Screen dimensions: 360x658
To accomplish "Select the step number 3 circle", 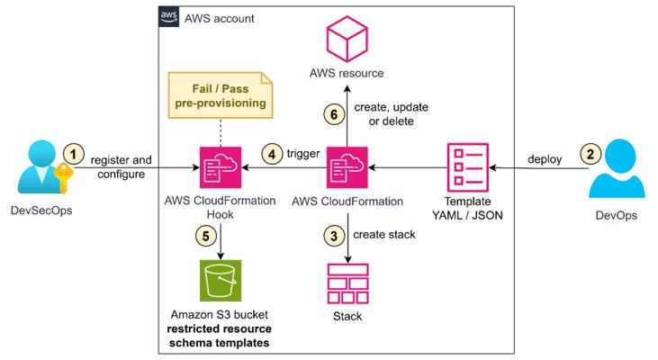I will click(332, 236).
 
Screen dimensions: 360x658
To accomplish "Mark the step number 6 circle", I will click(332, 114).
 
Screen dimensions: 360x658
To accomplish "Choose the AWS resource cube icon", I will click(346, 41).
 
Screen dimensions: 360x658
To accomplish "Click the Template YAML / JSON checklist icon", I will click(468, 166).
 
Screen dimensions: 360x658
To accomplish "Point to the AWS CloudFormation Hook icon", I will click(221, 166).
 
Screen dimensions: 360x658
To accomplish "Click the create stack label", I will click(383, 236).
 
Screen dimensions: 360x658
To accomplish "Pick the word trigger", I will click(303, 153).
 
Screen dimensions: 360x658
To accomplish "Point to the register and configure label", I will click(122, 167).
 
